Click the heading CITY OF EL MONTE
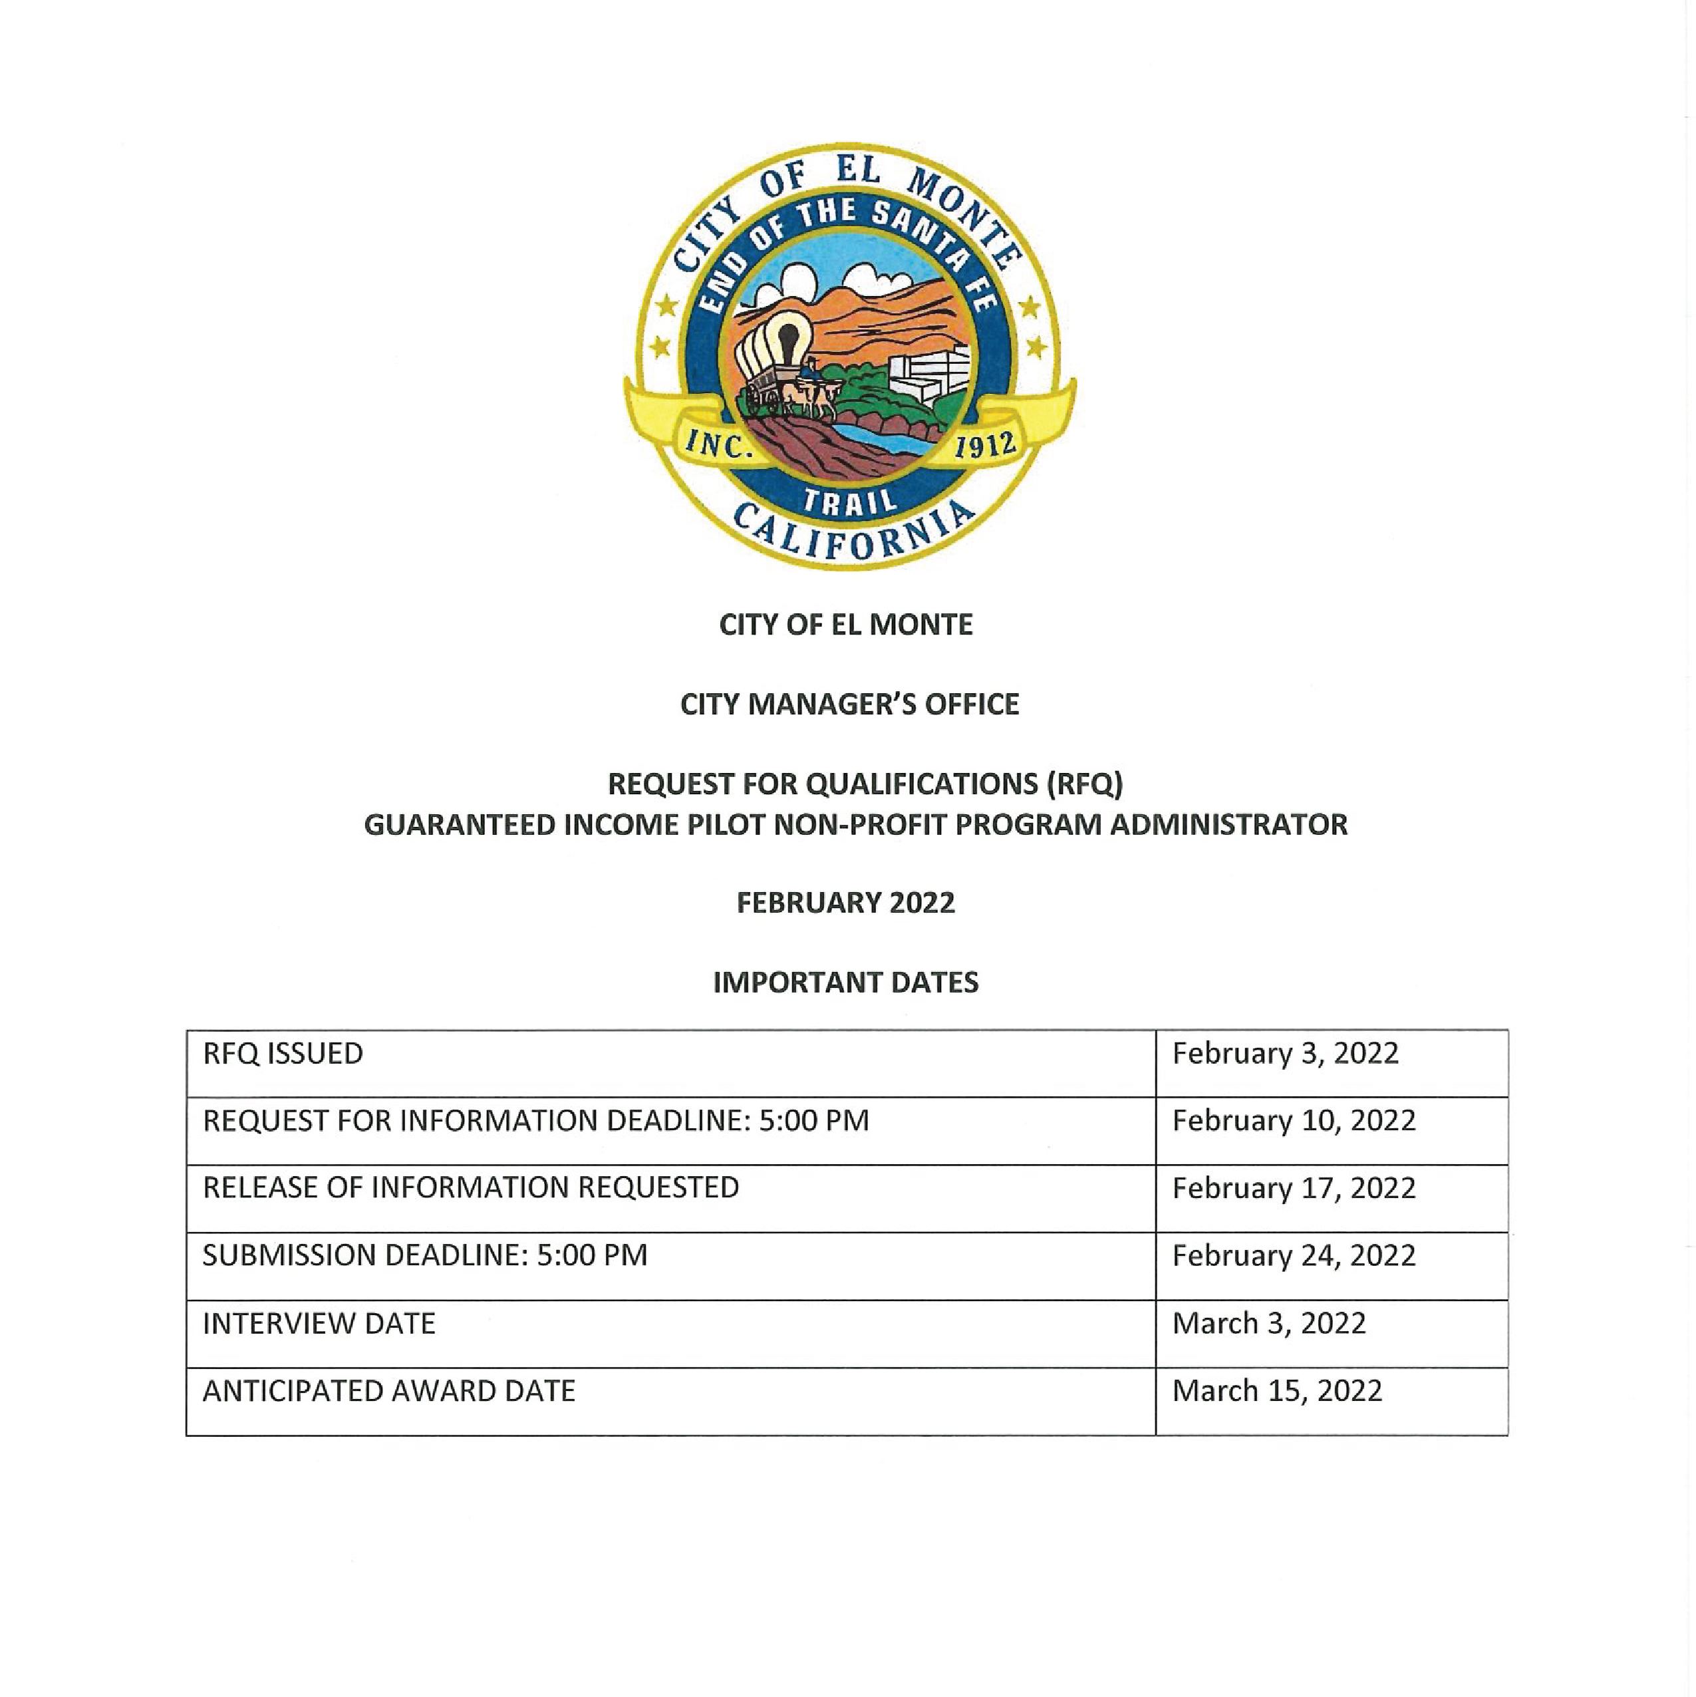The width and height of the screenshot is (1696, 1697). click(x=846, y=625)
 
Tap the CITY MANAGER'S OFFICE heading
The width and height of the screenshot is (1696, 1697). click(x=849, y=704)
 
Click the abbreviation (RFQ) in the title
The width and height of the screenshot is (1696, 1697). click(x=1084, y=784)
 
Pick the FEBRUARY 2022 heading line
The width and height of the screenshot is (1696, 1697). click(x=846, y=903)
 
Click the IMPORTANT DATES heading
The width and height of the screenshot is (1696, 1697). click(x=846, y=982)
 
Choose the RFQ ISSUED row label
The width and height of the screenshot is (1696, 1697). click(x=283, y=1053)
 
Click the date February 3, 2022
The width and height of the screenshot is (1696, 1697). click(x=1285, y=1053)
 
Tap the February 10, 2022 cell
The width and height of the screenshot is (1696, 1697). click(x=1294, y=1121)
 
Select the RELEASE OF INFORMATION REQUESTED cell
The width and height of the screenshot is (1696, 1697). click(x=471, y=1187)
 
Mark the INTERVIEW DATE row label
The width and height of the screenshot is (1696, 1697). click(x=319, y=1324)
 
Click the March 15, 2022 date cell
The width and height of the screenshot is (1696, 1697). click(x=1277, y=1390)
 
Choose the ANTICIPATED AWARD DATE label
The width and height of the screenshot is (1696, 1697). click(x=389, y=1390)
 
